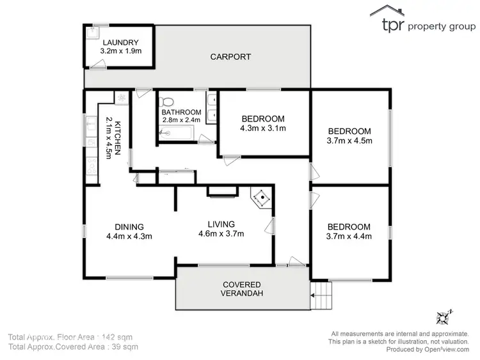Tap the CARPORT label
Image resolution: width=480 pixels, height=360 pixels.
click(230, 57)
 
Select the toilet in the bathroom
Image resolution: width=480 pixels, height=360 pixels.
click(168, 102)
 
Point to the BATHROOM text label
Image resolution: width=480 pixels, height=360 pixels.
click(181, 112)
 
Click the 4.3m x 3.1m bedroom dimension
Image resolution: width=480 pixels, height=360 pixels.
click(262, 128)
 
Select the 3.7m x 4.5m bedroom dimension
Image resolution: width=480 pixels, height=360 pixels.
click(349, 140)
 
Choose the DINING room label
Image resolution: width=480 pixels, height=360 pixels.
click(129, 226)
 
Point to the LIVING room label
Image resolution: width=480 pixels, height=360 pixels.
click(221, 224)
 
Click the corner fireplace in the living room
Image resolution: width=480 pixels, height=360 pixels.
click(262, 198)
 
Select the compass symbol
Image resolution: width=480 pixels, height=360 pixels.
click(442, 317)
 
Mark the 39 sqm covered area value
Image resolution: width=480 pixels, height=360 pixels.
click(125, 347)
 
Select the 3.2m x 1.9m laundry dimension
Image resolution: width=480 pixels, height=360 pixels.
click(122, 51)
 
